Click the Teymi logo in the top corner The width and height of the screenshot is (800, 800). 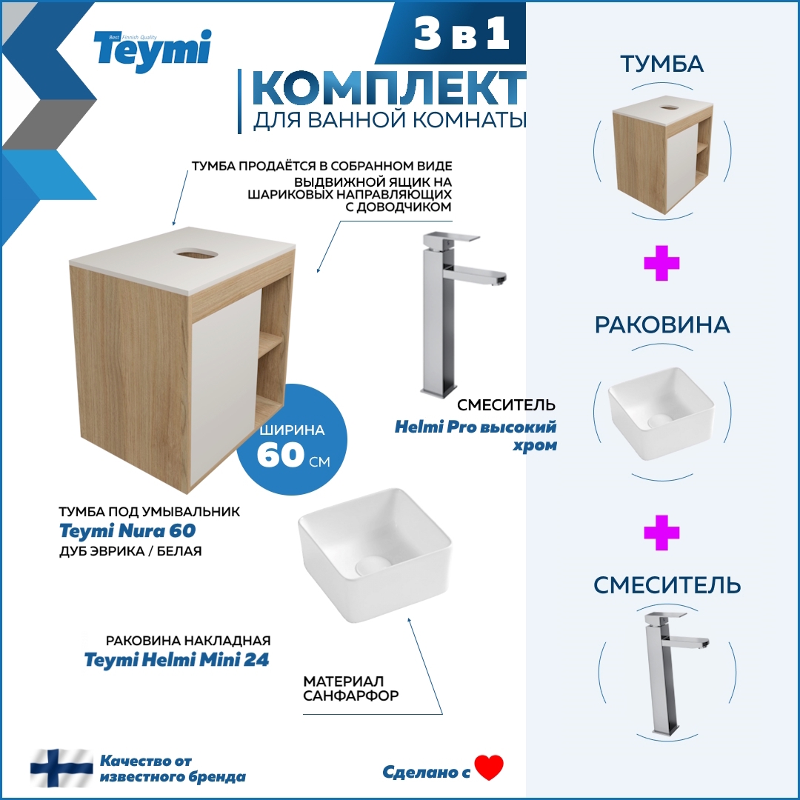152,50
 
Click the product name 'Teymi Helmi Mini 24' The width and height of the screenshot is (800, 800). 176,659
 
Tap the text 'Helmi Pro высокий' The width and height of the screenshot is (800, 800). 475,427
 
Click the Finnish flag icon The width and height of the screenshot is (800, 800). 61,768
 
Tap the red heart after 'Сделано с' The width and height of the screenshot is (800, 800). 489,767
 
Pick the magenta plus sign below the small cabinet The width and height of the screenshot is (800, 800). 661,265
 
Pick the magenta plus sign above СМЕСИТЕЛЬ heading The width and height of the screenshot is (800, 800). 661,533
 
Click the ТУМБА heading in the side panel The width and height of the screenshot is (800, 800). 661,64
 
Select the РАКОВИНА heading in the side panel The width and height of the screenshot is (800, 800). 661,325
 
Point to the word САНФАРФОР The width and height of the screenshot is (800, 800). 351,696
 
